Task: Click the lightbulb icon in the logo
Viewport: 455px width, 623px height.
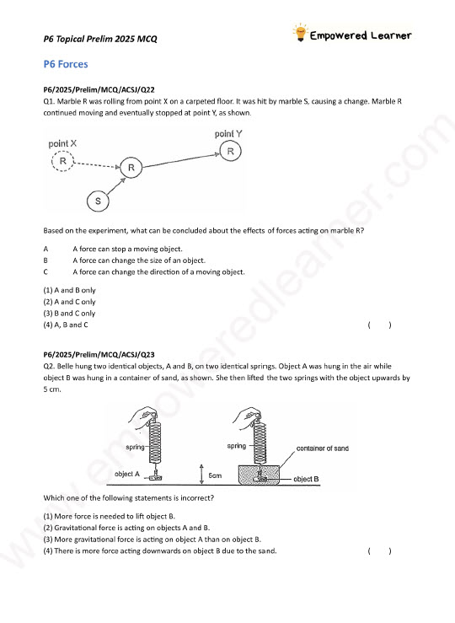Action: (x=301, y=33)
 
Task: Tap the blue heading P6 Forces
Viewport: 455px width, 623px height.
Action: (x=66, y=64)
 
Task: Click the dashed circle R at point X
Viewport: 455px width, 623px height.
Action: (x=62, y=161)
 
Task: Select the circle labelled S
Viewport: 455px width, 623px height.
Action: (x=98, y=201)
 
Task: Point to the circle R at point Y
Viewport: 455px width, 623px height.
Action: (x=230, y=151)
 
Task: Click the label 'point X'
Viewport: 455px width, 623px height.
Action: (x=62, y=143)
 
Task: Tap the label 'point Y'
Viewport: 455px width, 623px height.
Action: (x=228, y=134)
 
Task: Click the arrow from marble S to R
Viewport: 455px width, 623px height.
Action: (x=116, y=186)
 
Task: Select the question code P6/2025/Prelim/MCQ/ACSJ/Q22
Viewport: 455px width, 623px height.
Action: (x=99, y=90)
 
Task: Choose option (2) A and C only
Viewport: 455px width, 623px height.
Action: (x=69, y=302)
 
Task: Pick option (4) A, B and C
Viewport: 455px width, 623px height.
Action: (x=66, y=325)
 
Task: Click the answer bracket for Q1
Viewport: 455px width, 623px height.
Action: (x=379, y=325)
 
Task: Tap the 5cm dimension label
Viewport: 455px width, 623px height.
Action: (x=215, y=475)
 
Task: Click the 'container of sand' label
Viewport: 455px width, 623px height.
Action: (x=323, y=448)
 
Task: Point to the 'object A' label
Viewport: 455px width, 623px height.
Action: (x=127, y=474)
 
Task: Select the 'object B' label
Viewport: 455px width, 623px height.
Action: (x=306, y=479)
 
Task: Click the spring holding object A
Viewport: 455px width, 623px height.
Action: (x=154, y=443)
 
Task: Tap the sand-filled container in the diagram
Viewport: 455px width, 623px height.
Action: (x=259, y=475)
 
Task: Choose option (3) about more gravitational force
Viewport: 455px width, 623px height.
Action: (x=152, y=540)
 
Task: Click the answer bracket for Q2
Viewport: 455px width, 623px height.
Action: (x=379, y=551)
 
